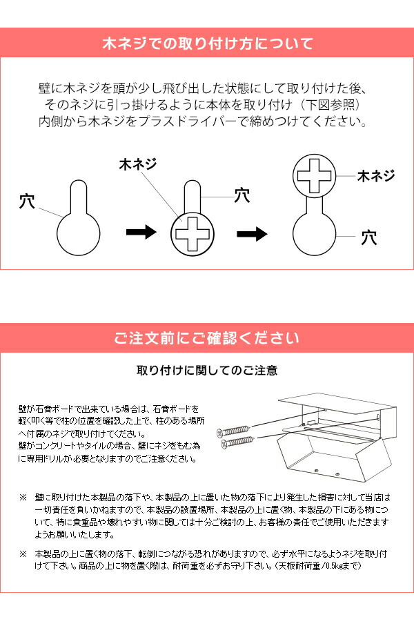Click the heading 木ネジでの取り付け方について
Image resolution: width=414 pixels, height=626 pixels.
point(207,44)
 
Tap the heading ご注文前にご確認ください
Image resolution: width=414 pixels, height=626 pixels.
point(207,339)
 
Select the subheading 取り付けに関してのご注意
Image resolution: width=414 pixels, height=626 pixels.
point(207,371)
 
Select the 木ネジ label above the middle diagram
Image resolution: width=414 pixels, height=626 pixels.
point(138,165)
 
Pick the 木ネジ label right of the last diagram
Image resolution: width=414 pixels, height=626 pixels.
point(375,176)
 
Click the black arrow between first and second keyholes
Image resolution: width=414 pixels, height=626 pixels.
point(142,233)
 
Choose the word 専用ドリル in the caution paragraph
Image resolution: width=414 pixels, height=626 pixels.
point(50,458)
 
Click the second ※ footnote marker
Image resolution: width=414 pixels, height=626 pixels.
point(23,554)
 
